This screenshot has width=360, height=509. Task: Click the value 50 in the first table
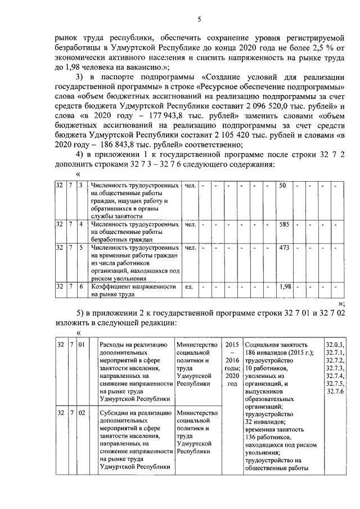pyautogui.click(x=283, y=185)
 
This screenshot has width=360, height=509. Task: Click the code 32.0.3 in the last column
pyautogui.click(x=335, y=344)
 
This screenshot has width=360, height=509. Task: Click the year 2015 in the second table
pyautogui.click(x=232, y=344)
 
